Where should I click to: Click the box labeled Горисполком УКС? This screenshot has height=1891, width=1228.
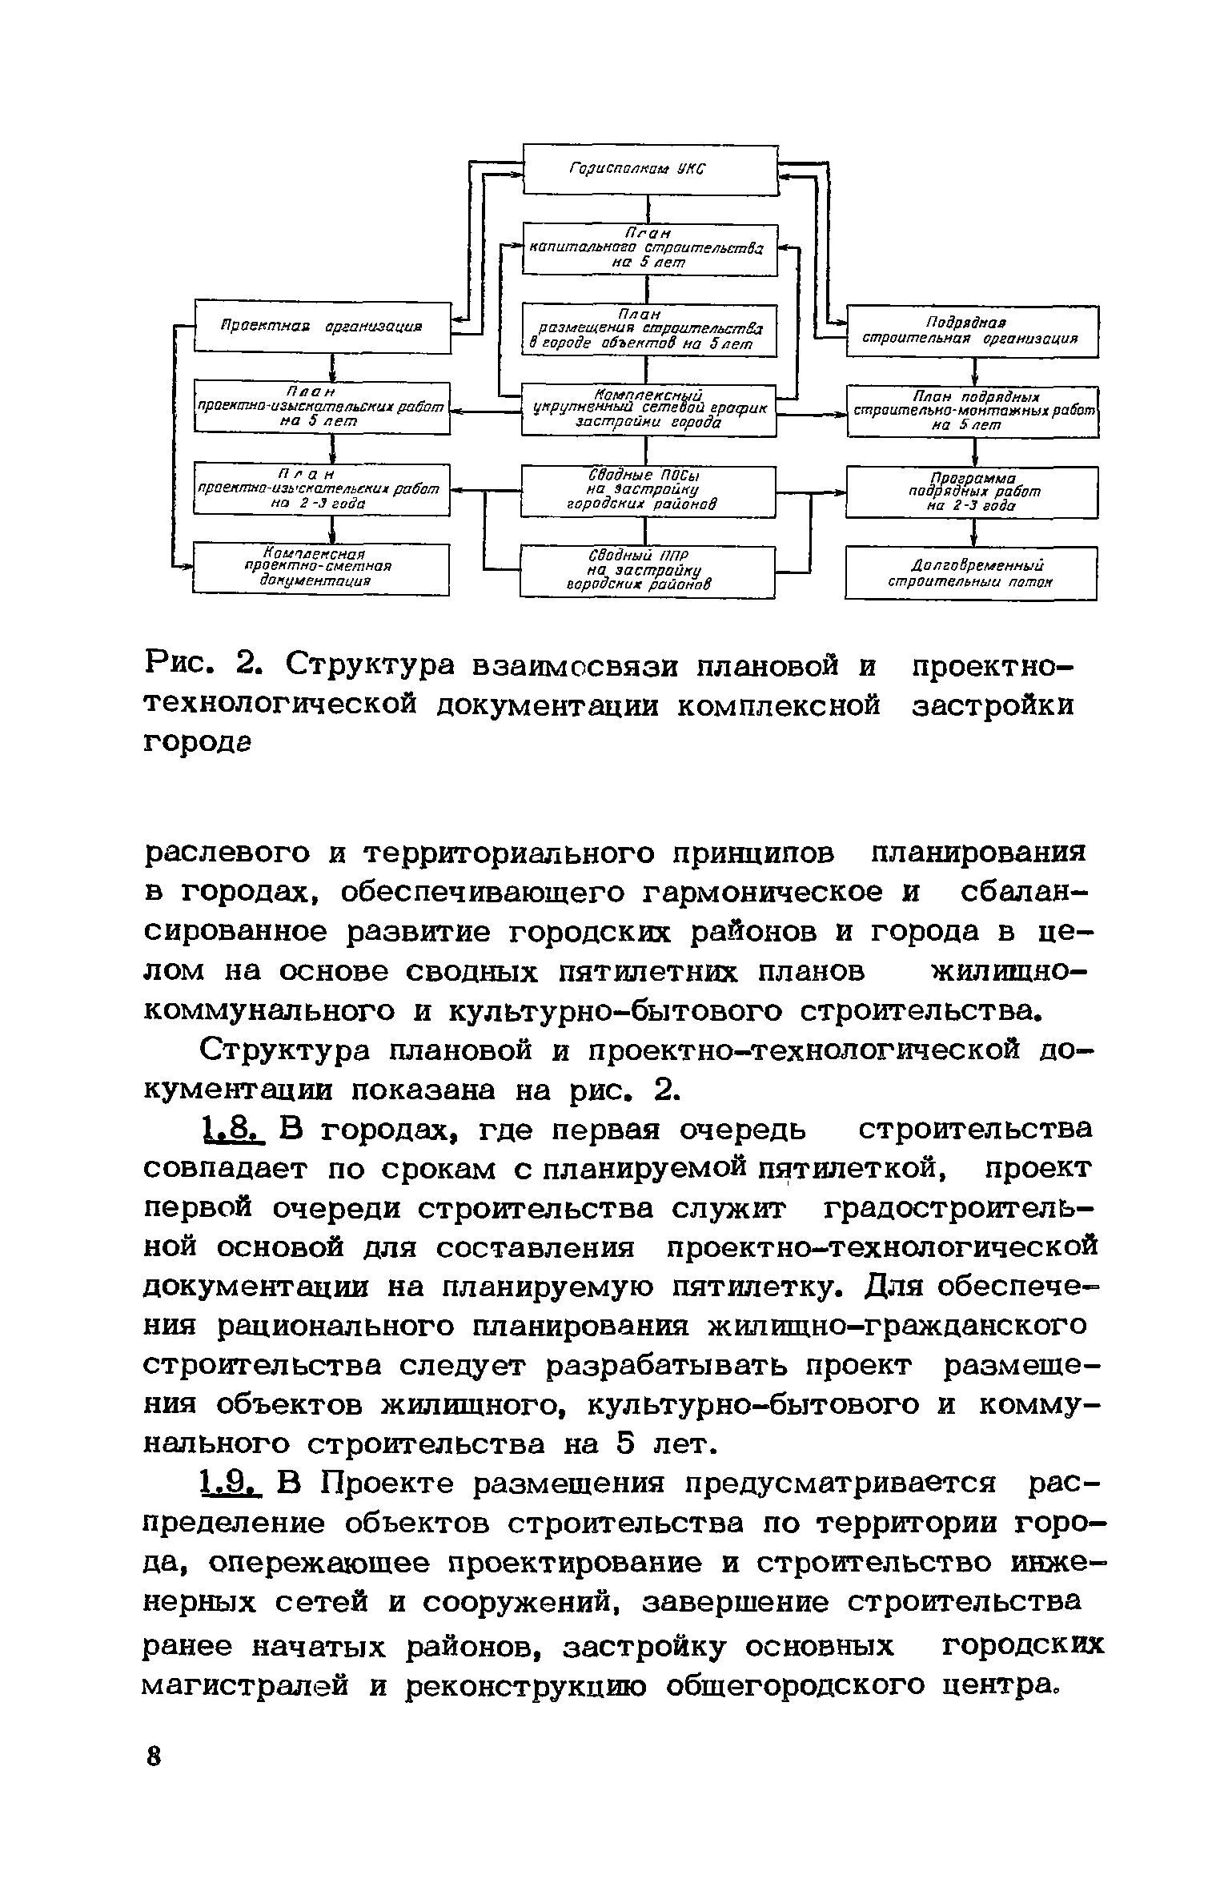650,169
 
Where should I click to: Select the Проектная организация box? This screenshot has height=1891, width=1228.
323,327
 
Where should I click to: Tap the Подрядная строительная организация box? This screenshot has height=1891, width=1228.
972,331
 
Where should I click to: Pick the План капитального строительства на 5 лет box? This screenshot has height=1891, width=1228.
649,250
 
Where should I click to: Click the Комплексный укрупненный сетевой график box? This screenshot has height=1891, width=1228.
648,410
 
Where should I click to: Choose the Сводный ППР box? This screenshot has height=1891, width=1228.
648,571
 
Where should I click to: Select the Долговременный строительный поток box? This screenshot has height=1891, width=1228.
970,572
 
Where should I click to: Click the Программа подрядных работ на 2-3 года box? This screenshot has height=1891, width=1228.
972,492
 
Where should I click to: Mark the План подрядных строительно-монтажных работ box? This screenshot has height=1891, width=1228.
973,412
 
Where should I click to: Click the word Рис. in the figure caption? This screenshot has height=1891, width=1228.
181,665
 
